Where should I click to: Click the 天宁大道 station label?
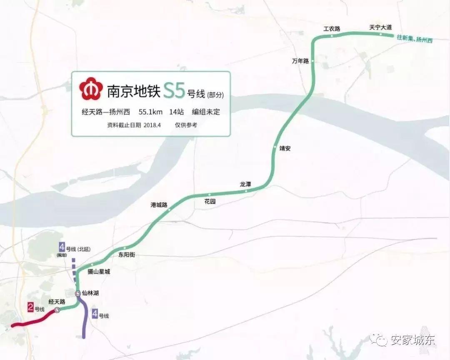[x=380, y=27]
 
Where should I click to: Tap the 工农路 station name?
[x=332, y=29]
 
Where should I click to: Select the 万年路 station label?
[x=300, y=61]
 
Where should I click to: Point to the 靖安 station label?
[x=285, y=148]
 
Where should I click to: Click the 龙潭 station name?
[x=245, y=184]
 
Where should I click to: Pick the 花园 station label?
[x=210, y=201]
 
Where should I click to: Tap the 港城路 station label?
[x=159, y=205]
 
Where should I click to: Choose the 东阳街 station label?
[x=127, y=255]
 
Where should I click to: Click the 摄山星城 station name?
[x=99, y=272]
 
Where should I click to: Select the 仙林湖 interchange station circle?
[x=78, y=294]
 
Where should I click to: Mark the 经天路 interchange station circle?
[x=57, y=310]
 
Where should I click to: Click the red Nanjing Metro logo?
[x=91, y=90]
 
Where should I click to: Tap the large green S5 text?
[x=174, y=90]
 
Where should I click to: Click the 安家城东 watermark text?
[x=412, y=340]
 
